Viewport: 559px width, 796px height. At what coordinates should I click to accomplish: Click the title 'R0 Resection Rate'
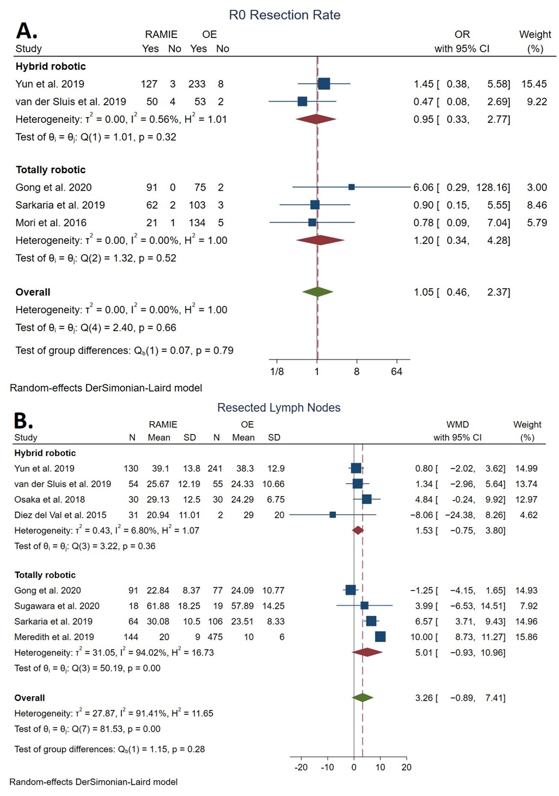point(284,15)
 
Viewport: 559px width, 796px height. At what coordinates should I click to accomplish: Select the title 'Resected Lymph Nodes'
point(279,408)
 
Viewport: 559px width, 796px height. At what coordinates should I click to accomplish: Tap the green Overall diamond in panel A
point(318,292)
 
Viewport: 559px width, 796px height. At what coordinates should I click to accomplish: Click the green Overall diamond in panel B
point(363,697)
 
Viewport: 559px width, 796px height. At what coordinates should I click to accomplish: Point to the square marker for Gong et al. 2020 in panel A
point(351,187)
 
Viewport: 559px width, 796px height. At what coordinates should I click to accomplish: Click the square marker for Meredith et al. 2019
point(380,636)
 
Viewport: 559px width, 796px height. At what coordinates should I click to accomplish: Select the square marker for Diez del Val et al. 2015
point(332,515)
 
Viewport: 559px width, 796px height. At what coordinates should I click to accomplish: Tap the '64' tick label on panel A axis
point(397,371)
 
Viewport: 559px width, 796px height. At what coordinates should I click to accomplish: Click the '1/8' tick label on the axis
point(277,371)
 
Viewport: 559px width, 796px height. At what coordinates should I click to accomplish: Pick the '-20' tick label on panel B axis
point(301,767)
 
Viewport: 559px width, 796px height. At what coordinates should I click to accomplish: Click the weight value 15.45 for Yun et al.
point(534,84)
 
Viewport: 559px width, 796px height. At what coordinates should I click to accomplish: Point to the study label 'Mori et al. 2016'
point(51,223)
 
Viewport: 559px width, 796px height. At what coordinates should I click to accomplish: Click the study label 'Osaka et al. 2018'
point(50,499)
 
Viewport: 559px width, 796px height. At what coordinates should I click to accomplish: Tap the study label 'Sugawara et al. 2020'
point(57,606)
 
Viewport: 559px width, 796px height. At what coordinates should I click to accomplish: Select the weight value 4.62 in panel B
point(528,515)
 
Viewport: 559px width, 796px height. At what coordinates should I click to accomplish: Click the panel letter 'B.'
point(23,421)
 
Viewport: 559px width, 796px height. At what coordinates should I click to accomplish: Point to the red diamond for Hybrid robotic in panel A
point(316,119)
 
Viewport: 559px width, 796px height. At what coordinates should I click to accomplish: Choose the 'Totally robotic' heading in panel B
point(45,575)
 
